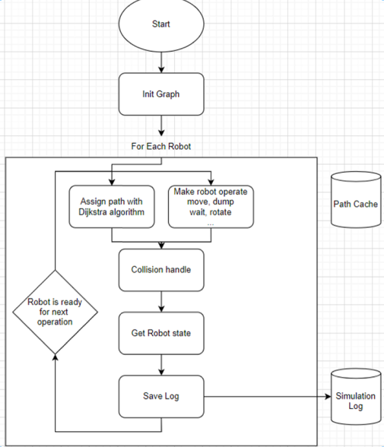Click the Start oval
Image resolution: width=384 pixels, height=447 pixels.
pos(161,25)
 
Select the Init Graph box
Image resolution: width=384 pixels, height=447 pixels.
pos(161,94)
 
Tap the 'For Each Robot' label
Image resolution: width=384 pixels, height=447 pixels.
pos(161,145)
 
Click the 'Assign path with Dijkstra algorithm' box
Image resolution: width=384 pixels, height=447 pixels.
pos(111,206)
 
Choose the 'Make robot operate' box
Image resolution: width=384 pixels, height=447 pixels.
pos(209,206)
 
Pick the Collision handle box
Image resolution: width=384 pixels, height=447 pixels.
pos(161,270)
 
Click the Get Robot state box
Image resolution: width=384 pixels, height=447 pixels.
pos(161,333)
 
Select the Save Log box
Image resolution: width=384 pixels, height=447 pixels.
pos(161,395)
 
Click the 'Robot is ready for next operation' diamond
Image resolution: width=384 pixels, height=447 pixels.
pos(54,311)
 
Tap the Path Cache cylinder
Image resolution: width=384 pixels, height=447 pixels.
pos(356,204)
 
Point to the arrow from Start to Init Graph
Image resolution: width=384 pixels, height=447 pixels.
pos(161,62)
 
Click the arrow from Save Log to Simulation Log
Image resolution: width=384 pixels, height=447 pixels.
pos(266,396)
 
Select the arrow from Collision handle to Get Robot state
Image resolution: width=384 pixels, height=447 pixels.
pos(161,302)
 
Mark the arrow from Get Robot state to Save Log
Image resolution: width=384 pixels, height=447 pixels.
pos(161,365)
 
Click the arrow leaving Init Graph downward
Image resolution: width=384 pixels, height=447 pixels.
pos(161,125)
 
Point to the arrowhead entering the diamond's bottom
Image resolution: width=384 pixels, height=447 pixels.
pos(54,357)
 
